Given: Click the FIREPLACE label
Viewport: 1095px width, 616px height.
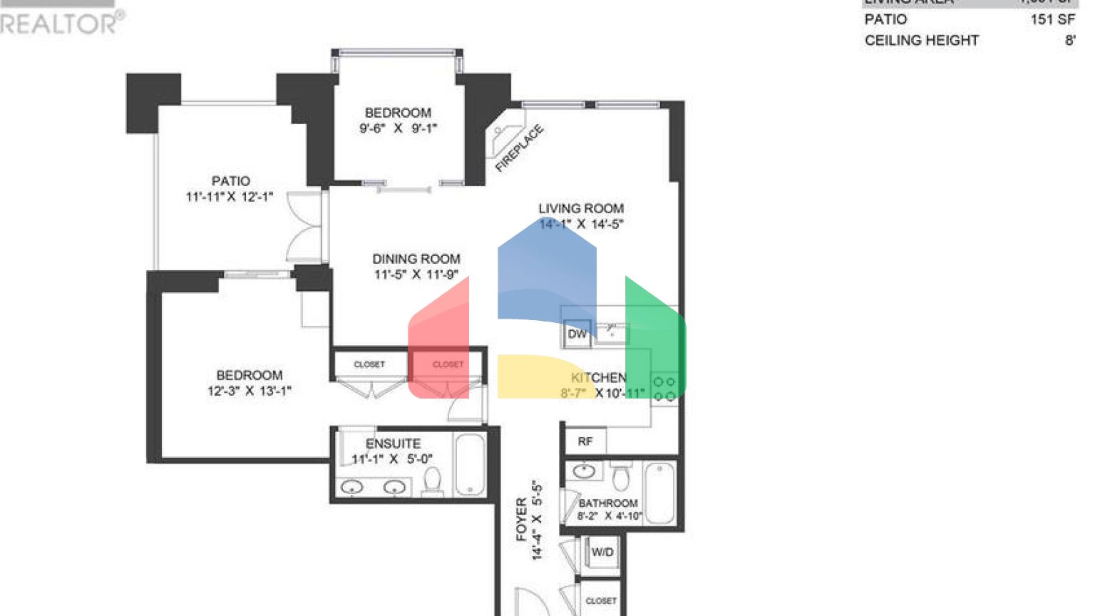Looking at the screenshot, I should [520, 148].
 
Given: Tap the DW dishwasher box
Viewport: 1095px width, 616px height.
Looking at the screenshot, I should [577, 334].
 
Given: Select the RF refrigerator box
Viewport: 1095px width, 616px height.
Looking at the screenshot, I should [585, 441].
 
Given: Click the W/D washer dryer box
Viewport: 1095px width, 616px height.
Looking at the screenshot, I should [602, 552].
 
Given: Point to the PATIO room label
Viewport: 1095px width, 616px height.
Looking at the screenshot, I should [230, 181].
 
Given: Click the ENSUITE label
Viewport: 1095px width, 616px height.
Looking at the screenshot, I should [393, 443].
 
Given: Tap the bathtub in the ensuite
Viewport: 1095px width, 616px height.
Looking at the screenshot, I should [470, 464].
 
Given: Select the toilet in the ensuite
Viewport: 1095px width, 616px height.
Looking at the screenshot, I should [432, 481].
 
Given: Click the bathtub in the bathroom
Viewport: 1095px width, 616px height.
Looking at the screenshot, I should [659, 492].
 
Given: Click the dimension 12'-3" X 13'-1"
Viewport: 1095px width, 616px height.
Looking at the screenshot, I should [250, 391].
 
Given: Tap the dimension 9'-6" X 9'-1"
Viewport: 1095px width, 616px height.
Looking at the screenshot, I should [398, 128].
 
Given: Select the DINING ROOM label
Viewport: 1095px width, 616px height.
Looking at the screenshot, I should [416, 259].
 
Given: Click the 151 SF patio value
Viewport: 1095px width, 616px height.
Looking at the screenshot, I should [1052, 19].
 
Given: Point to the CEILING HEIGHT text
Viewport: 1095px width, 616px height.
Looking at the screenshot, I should [922, 41].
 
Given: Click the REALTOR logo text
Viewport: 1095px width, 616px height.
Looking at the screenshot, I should [61, 23].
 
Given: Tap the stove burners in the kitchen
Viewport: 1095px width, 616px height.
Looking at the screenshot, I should [664, 389].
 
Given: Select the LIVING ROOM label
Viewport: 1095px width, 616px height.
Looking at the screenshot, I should [581, 208].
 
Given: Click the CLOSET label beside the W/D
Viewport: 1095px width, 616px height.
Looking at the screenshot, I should [601, 601].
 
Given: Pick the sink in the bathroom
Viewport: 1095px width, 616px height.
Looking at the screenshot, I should [585, 471].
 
